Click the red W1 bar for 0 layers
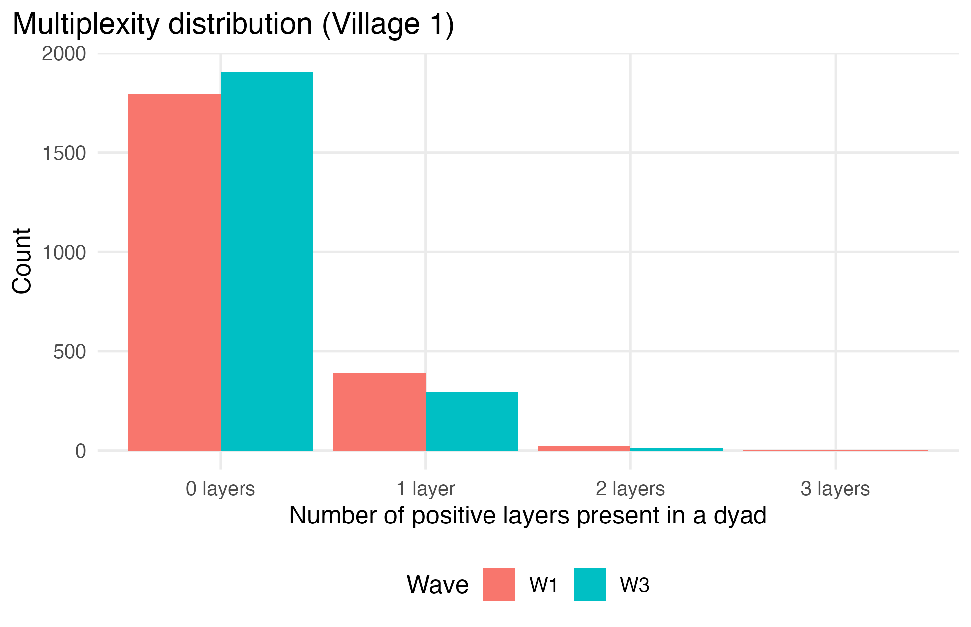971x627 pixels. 174,272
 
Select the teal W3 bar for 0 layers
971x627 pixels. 266,261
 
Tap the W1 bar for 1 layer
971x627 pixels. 379,412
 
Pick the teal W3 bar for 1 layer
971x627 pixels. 472,421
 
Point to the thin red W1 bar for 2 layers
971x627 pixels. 584,448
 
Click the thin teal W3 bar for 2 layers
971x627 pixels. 676,449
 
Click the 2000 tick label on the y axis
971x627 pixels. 64,54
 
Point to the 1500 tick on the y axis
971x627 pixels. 64,153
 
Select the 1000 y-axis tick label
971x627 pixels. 64,252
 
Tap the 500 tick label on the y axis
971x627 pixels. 70,352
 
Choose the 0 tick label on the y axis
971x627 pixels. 80,451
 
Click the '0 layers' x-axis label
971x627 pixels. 220,489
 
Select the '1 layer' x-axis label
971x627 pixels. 425,489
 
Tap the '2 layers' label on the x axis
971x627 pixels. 630,489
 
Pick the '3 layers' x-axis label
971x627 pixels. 835,489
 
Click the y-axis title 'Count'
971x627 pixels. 22,261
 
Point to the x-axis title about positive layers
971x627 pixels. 527,516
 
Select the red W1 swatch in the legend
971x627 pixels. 499,584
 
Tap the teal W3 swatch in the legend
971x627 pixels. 590,584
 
